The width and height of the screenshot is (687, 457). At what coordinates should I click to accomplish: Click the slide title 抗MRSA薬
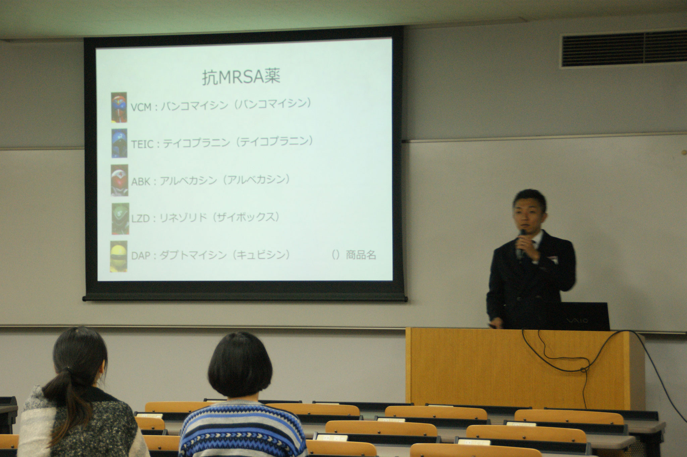click(x=241, y=77)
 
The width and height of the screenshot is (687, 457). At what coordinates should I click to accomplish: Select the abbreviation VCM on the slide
click(x=141, y=107)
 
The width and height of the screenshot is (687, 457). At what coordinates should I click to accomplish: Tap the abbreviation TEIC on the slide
click(x=142, y=144)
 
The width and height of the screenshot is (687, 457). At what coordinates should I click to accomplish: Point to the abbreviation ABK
click(x=140, y=182)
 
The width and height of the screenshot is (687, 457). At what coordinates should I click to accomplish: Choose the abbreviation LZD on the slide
click(x=140, y=219)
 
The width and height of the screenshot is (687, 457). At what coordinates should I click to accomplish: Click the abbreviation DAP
click(x=141, y=256)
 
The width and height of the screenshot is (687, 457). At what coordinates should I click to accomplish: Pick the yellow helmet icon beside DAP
click(x=119, y=256)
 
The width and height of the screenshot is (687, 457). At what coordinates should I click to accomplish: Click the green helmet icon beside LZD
click(x=120, y=219)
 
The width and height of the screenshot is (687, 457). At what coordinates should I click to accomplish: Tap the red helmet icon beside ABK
click(x=119, y=180)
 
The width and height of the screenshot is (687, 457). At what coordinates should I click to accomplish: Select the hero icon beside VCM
click(x=119, y=107)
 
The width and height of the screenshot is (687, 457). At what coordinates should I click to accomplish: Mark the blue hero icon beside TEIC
click(x=119, y=144)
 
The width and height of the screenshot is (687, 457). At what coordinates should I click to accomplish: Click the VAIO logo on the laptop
click(x=577, y=321)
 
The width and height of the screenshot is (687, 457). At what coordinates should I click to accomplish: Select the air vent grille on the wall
click(x=624, y=49)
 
